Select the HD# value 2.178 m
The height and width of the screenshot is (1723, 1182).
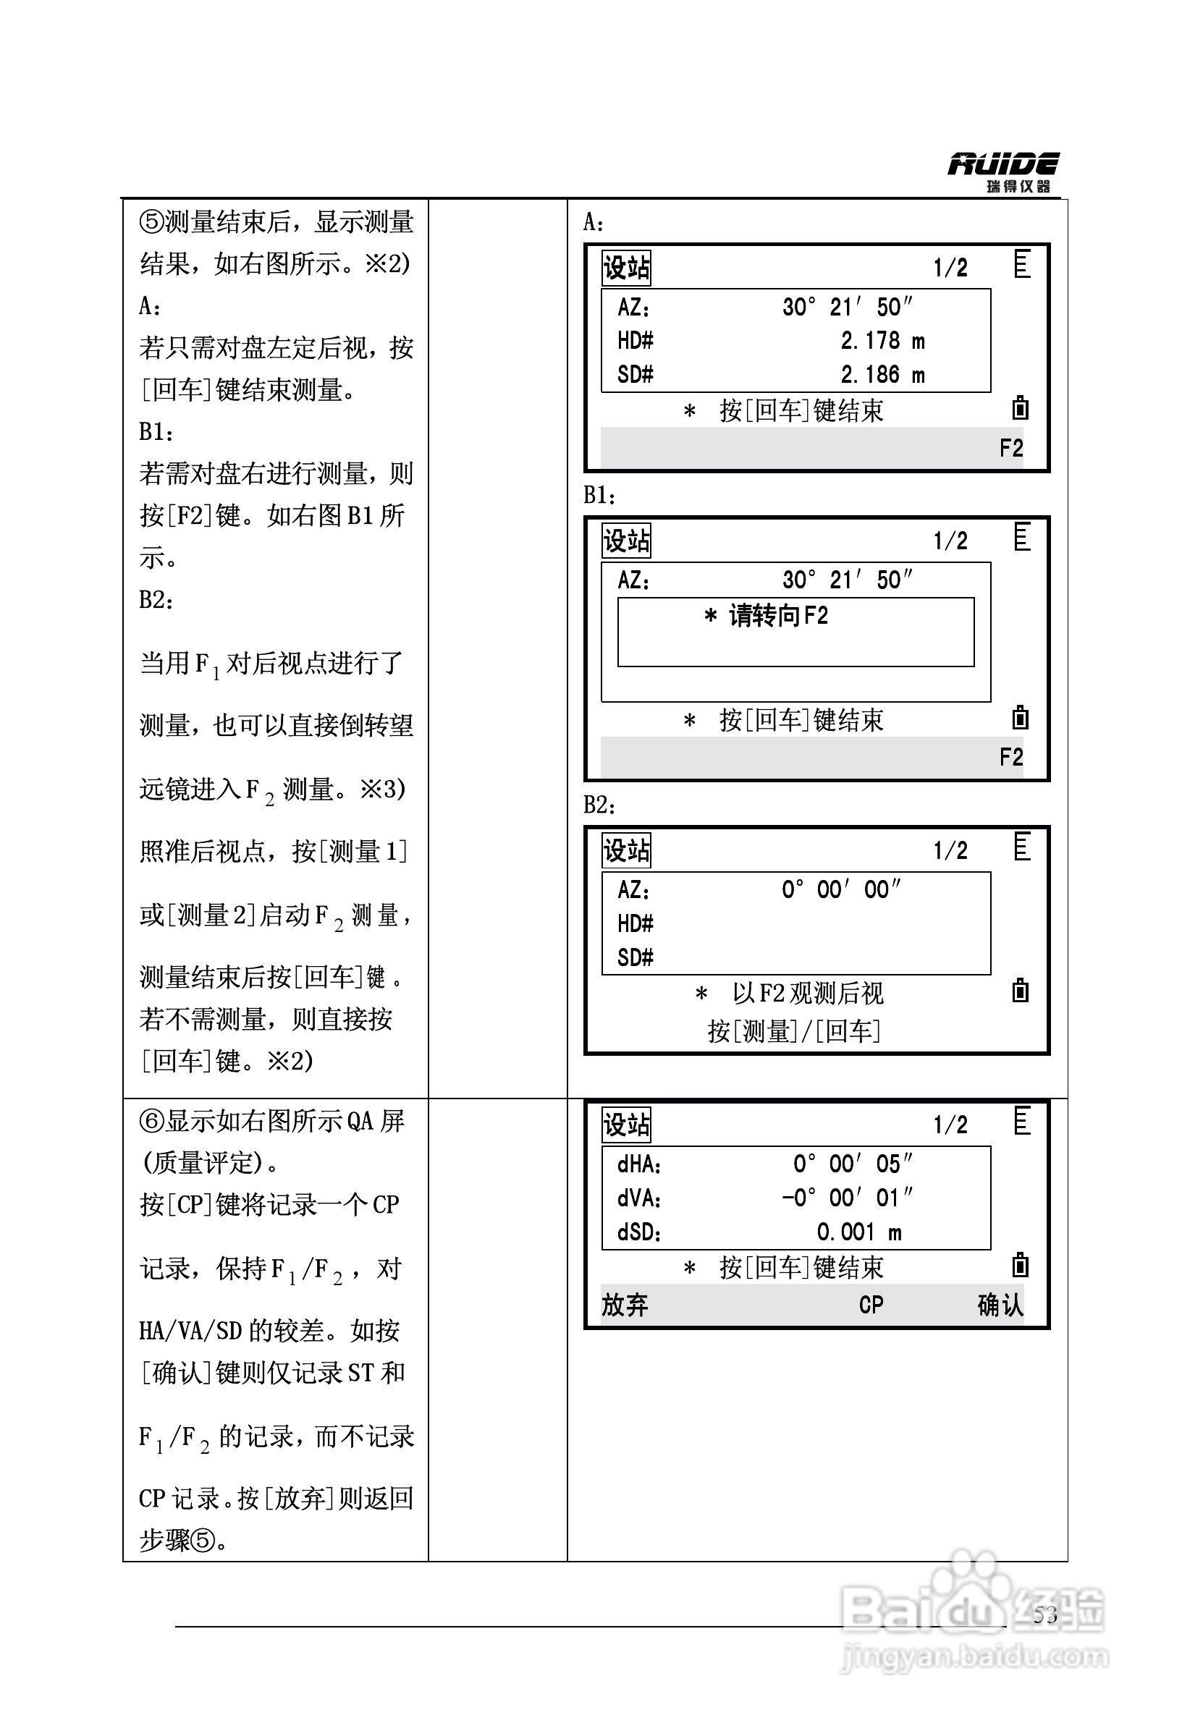coord(882,341)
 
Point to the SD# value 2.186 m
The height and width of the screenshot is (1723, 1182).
coord(882,375)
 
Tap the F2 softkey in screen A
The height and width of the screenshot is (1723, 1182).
coord(1010,449)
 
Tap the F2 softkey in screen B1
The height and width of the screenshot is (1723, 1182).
coord(1010,758)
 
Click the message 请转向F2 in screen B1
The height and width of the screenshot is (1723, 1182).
coord(767,615)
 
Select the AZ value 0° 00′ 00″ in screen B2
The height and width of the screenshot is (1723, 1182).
coord(841,889)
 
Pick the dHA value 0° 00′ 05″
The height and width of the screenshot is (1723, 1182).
coord(852,1164)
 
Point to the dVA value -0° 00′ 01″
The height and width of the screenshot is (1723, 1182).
coord(847,1198)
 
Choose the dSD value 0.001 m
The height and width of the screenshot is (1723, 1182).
coord(858,1232)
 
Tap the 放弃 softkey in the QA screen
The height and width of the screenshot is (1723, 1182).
coord(625,1305)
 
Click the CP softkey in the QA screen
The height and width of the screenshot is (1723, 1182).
coord(871,1305)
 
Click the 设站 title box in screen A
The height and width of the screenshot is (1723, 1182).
coord(626,268)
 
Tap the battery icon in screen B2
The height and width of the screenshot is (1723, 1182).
coord(1021,991)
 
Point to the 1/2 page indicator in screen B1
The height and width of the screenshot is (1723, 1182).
coord(950,541)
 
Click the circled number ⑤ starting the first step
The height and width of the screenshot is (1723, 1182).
coord(151,222)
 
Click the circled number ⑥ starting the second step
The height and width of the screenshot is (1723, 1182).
coord(151,1122)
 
